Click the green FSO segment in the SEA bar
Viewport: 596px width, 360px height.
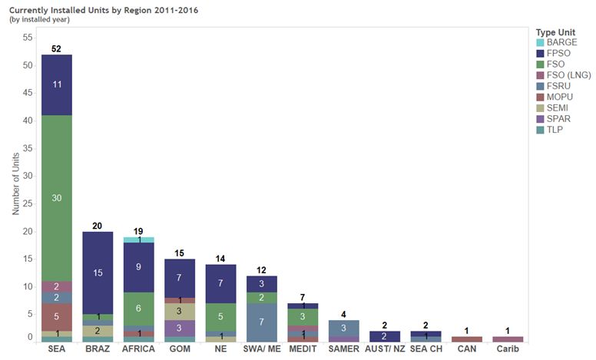pyautogui.click(x=57, y=198)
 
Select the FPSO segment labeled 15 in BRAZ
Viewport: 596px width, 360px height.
pyautogui.click(x=98, y=272)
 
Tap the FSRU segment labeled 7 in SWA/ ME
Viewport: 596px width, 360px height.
pyautogui.click(x=262, y=322)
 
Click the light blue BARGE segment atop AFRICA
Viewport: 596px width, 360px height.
pyautogui.click(x=139, y=240)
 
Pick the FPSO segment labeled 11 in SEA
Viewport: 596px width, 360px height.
pyautogui.click(x=57, y=84)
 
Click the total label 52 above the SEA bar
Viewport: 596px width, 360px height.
pyautogui.click(x=57, y=48)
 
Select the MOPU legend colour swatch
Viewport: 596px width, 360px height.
pyautogui.click(x=540, y=97)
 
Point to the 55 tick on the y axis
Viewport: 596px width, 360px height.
pyautogui.click(x=28, y=38)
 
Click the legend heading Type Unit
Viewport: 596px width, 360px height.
pyautogui.click(x=556, y=31)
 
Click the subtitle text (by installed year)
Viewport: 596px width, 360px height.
pyautogui.click(x=40, y=19)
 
